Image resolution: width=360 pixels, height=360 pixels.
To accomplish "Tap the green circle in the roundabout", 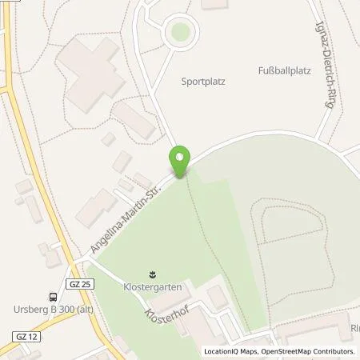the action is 178,32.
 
